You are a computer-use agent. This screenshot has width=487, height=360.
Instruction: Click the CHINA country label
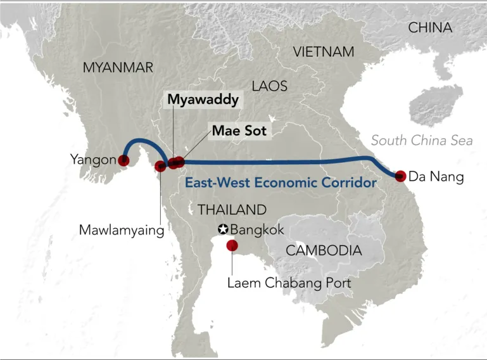[x=430, y=28]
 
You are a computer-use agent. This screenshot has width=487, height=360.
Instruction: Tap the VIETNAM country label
[x=324, y=52]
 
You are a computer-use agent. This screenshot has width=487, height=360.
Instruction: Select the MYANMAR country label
[x=118, y=67]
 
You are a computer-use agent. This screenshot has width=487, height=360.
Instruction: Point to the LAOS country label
[x=269, y=86]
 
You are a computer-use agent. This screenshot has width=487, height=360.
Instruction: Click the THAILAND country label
[x=232, y=210]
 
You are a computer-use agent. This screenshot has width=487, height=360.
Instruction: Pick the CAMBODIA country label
[x=324, y=250]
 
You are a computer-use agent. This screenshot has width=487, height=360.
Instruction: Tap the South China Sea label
[x=422, y=141]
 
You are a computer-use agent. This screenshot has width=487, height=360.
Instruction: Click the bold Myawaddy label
[x=203, y=100]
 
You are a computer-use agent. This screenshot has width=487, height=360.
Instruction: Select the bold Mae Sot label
[x=239, y=131]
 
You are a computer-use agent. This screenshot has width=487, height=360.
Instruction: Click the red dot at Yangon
[x=124, y=160]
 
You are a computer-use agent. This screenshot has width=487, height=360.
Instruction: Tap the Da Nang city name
[x=436, y=177]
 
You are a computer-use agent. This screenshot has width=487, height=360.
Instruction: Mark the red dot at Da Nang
[x=400, y=177]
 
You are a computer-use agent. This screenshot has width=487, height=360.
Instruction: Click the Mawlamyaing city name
[x=122, y=229]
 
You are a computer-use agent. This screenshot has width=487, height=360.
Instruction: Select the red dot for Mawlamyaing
[x=161, y=167]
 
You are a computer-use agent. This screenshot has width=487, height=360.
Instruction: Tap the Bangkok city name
[x=258, y=229]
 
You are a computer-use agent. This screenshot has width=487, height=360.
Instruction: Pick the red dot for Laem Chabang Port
[x=232, y=245]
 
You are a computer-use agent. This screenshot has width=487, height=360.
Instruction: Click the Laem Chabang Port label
[x=289, y=283]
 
